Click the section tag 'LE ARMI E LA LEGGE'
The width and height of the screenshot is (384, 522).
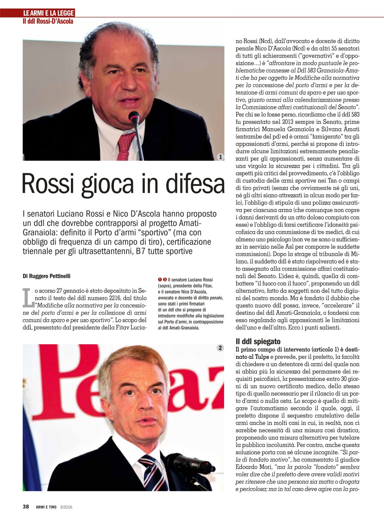pyautogui.click(x=49, y=13)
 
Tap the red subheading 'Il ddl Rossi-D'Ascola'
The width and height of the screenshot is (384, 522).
pyautogui.click(x=48, y=21)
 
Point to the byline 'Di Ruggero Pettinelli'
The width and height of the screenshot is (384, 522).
pyautogui.click(x=47, y=276)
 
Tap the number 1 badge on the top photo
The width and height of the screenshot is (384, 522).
pyautogui.click(x=220, y=157)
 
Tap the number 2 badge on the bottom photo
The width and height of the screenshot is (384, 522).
pyautogui.click(x=220, y=348)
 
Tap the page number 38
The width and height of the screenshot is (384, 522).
pyautogui.click(x=26, y=507)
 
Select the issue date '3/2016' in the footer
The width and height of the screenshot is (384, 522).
pyautogui.click(x=67, y=507)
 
